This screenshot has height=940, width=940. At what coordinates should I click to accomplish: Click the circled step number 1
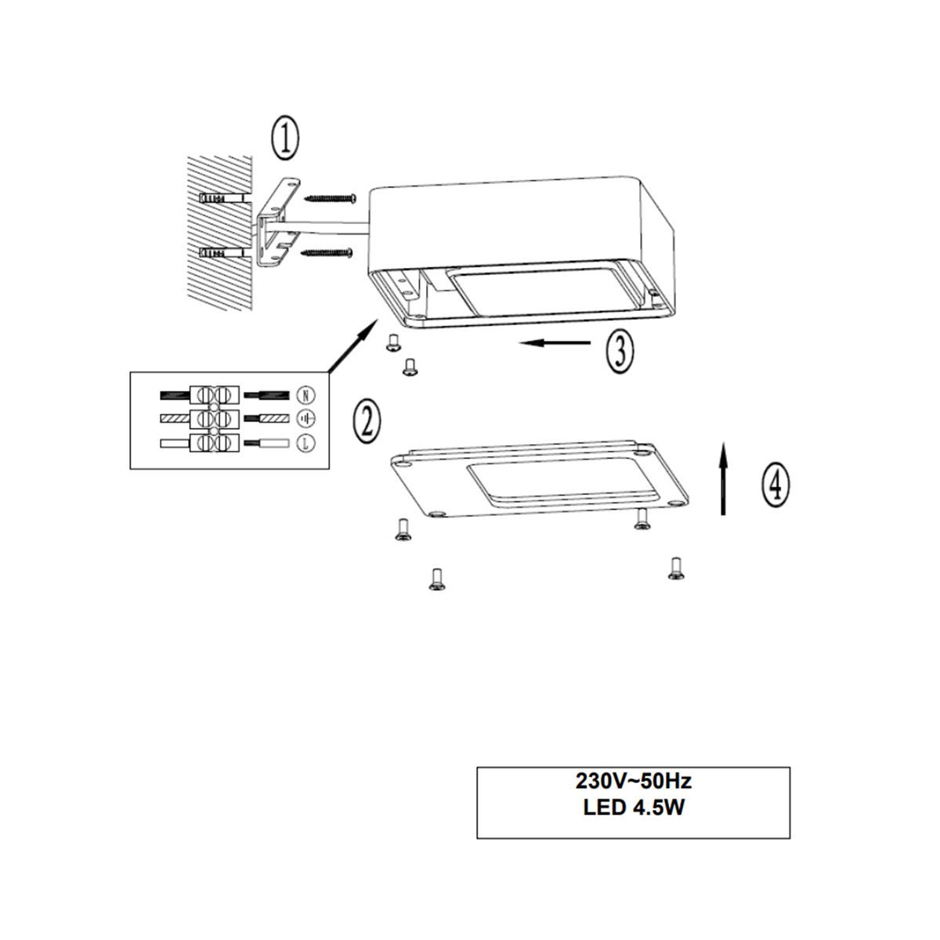click(x=285, y=138)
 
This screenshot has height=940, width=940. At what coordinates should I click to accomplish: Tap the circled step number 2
click(x=367, y=422)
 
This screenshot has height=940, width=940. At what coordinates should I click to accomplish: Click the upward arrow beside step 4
click(x=723, y=479)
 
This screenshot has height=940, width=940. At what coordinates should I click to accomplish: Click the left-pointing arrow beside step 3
click(x=555, y=343)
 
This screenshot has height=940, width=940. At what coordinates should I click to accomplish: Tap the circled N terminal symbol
click(x=305, y=395)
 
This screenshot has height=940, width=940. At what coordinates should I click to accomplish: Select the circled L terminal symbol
click(x=305, y=443)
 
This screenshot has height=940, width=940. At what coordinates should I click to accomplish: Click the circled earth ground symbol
click(x=305, y=418)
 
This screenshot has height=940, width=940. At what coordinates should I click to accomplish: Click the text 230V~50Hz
click(x=633, y=782)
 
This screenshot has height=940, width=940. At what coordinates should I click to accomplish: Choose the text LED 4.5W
click(x=634, y=808)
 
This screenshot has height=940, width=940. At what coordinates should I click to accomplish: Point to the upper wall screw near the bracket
click(x=331, y=198)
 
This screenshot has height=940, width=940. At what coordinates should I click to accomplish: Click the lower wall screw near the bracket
click(x=327, y=252)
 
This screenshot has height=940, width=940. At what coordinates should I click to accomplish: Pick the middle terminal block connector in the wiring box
click(x=215, y=418)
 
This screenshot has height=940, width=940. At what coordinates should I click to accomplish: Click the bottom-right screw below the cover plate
click(x=675, y=569)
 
